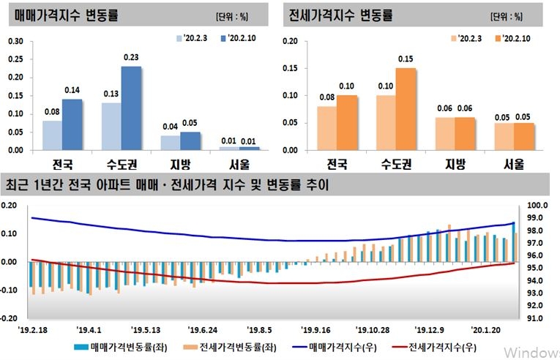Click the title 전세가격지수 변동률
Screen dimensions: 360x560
click(341, 15)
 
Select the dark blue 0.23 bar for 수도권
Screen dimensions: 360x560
click(131, 108)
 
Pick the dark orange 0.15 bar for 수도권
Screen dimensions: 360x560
click(406, 109)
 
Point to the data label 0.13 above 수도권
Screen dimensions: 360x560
click(111, 94)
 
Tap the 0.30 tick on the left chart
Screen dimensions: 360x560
click(14, 41)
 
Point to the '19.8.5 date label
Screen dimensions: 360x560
click(259, 329)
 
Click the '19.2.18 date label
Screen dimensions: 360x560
click(33, 329)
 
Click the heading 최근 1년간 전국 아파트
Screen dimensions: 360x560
click(167, 185)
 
